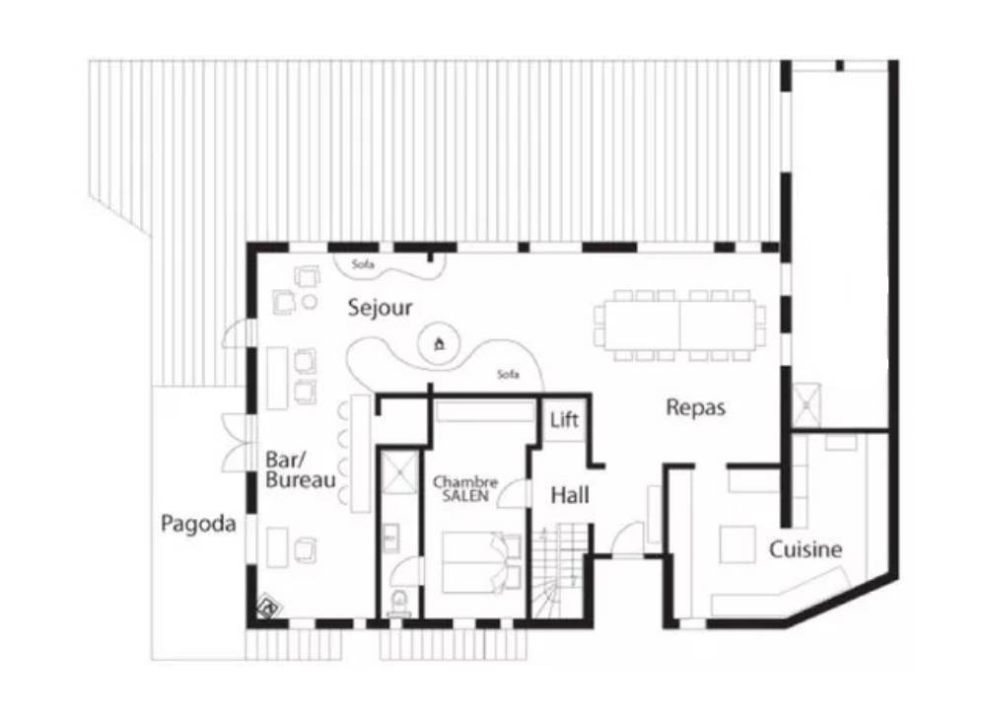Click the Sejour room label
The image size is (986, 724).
coord(380,308)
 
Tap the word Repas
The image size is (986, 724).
coord(695,407)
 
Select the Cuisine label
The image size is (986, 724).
coord(806,549)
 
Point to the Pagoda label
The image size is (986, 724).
coord(198,524)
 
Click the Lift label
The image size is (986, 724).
coord(564,419)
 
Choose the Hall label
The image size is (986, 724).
coord(570,496)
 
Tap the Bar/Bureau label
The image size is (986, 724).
coord(300,470)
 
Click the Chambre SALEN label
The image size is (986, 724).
coord(465,488)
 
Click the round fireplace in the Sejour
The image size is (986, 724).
coord(440,343)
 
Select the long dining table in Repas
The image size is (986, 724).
coord(679,326)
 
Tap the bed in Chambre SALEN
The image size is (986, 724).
coord(482,562)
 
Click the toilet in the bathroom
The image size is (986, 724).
coord(398,603)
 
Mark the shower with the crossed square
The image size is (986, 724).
coord(398,470)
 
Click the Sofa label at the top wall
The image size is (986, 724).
coord(363,264)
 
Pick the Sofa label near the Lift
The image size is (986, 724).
coord(508,374)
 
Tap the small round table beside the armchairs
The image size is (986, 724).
coord(309,301)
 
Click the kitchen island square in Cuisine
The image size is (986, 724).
coord(737,544)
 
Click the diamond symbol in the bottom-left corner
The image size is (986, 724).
coord(270,608)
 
